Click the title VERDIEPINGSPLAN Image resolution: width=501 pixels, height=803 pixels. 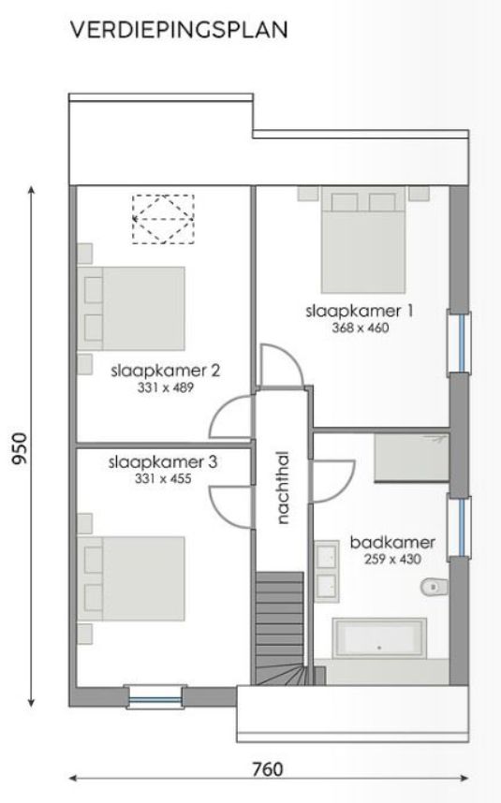[179, 31]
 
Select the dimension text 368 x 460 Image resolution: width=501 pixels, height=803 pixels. [360, 328]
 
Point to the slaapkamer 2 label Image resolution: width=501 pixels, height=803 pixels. [164, 371]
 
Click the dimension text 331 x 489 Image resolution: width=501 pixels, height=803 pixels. [164, 387]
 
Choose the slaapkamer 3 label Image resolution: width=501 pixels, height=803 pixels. [163, 462]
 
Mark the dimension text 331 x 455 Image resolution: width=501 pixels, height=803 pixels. [163, 479]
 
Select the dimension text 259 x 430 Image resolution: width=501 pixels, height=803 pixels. [385, 559]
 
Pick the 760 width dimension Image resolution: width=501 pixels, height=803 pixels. [268, 769]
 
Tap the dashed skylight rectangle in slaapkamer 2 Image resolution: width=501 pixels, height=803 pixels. [162, 219]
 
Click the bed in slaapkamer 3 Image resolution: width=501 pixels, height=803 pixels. [135, 573]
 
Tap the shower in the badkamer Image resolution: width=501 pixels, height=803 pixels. [411, 457]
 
